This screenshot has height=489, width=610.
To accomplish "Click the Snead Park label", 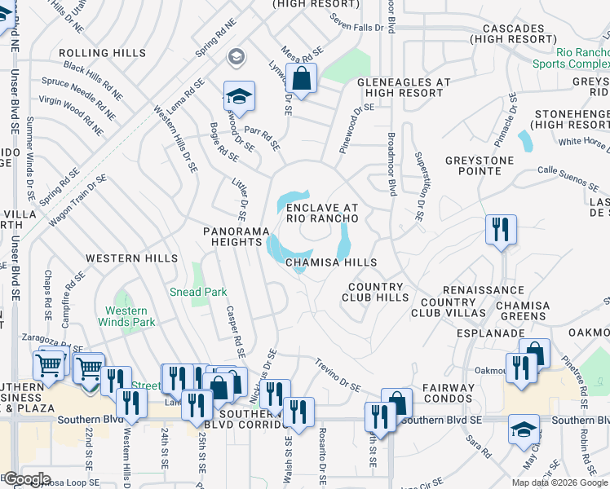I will click(197, 292).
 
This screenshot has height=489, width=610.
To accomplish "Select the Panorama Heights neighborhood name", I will click(236, 237).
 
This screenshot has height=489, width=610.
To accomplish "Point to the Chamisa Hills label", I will click(331, 262).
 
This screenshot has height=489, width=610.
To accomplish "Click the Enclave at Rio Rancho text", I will click(322, 214).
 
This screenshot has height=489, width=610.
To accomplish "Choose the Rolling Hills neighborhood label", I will click(102, 53).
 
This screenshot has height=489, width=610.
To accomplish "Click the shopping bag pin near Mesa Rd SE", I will click(302, 80).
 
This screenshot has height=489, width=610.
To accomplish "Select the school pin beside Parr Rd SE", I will click(239, 96).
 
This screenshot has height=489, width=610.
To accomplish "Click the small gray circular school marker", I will click(236, 56).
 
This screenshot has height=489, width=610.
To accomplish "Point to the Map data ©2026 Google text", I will click(559, 482).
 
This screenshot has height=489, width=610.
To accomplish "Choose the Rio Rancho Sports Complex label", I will click(571, 56).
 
